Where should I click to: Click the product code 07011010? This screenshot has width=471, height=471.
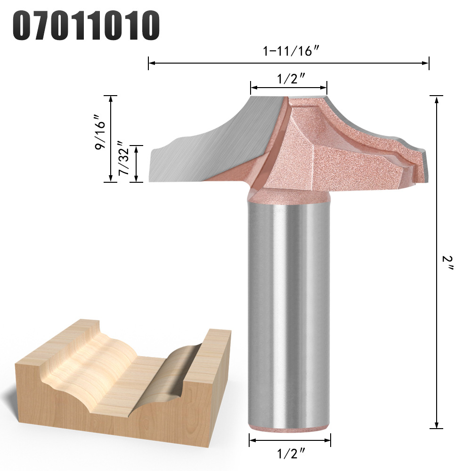click(x=86, y=25)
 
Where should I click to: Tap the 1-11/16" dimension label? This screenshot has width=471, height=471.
click(x=291, y=51)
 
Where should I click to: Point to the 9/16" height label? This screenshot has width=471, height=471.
click(x=99, y=132)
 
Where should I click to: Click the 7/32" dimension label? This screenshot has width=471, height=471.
click(x=124, y=158)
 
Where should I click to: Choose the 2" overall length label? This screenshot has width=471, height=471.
click(x=447, y=263)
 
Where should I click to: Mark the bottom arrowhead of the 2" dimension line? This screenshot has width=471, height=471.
click(x=436, y=425)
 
